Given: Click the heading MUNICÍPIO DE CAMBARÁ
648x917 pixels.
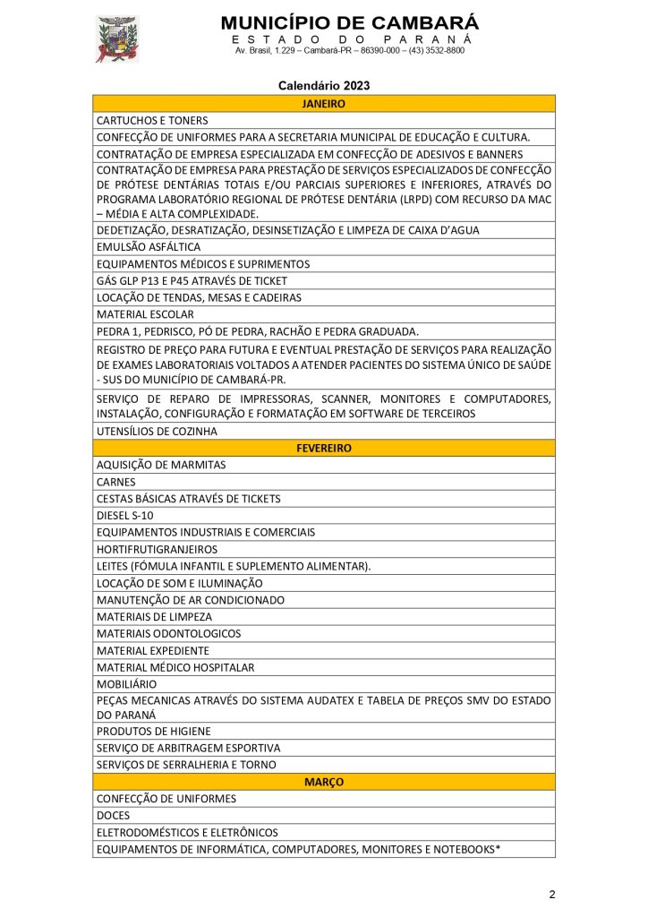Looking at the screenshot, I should (x=349, y=22).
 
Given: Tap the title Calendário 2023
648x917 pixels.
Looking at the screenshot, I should (x=324, y=86).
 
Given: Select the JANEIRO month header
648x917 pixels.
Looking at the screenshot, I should (x=324, y=104).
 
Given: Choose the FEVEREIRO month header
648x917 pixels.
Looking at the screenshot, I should (x=324, y=448).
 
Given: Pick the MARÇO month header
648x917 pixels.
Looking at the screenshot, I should (x=324, y=782).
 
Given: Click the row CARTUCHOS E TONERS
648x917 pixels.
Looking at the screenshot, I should (x=152, y=120).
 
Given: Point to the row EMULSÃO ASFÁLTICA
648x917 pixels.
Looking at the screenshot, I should (x=149, y=246).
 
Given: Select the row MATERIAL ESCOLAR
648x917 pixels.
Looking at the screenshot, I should (x=145, y=314).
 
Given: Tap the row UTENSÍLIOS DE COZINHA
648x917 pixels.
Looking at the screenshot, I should (x=157, y=431).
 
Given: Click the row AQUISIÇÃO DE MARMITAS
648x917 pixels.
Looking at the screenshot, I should (x=161, y=465).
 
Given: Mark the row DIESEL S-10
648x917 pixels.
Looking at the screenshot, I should (x=124, y=515).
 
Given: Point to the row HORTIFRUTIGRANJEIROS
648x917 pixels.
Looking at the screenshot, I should (x=157, y=549).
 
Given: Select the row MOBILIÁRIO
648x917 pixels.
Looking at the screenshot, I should (x=126, y=683).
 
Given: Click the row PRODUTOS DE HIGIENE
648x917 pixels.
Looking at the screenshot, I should (x=154, y=731).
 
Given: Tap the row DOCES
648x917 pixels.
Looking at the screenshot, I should (x=113, y=815).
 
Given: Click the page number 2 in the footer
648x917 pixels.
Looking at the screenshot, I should (x=552, y=895).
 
